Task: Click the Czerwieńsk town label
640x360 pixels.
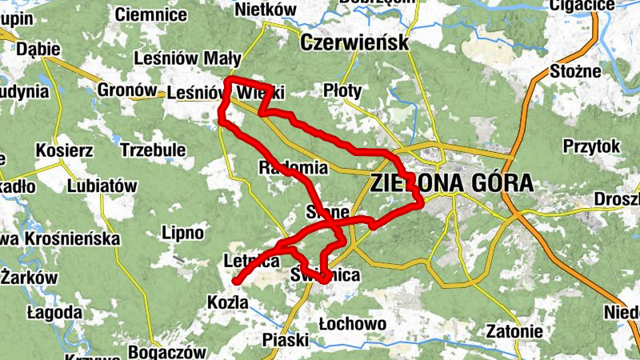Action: coord(354,42)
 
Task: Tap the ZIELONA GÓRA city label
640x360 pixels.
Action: coord(451,183)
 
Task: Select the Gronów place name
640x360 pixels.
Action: coord(127,90)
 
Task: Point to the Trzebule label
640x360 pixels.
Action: coord(153,150)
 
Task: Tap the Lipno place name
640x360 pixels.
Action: coord(183,234)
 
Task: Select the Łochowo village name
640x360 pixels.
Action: coord(352,324)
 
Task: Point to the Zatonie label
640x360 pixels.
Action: coord(514,331)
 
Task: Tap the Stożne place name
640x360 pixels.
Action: coord(576,71)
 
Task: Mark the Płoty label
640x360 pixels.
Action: coord(343,91)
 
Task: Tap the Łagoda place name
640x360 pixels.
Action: coord(54,312)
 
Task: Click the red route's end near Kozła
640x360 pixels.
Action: coord(236,281)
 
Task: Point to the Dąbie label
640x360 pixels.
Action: coord(38,50)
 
